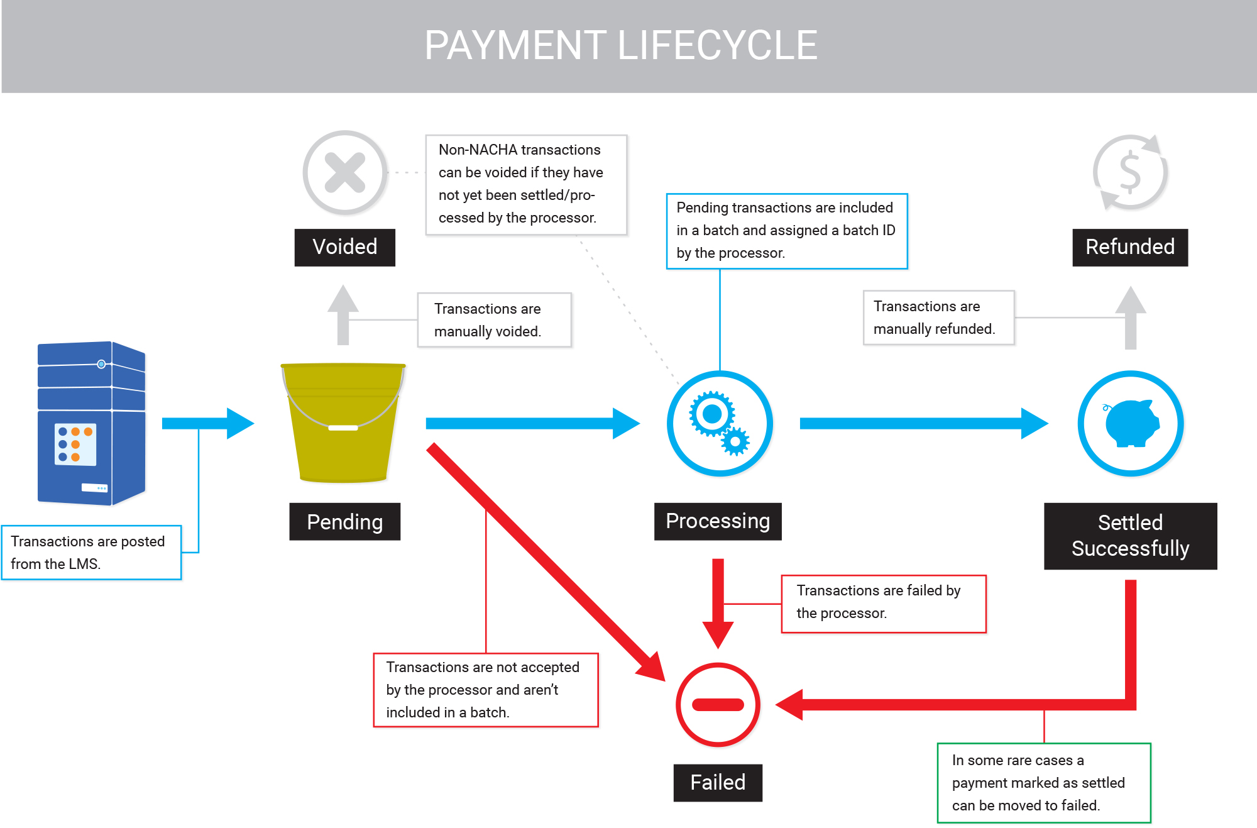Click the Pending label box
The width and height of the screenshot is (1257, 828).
pos(344,521)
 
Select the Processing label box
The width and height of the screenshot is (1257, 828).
pos(718,521)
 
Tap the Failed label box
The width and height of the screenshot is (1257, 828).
pos(718,783)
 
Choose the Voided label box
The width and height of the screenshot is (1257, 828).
pos(345,247)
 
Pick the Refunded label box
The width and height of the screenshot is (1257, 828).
pos(1130,247)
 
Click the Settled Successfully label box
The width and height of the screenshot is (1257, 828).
pos(1130,536)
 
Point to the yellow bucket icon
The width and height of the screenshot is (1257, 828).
pos(343,422)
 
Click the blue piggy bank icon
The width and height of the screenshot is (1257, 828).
pos(1131,423)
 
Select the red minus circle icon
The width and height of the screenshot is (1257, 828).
pos(718,705)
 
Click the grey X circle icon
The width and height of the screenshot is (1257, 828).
pos(345,172)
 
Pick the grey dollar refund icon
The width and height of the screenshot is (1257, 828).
pos(1130,172)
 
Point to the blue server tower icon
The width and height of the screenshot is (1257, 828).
pos(92,423)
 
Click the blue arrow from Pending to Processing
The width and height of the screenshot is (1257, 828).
pos(533,423)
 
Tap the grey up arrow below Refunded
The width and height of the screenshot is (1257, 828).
pos(1130,317)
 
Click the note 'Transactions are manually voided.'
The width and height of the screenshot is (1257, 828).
pos(495,320)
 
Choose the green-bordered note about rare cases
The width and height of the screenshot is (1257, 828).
pos(1044,783)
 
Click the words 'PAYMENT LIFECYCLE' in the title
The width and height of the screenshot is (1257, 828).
pos(621,45)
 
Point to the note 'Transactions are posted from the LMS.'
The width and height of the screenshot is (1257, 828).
pos(91,553)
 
